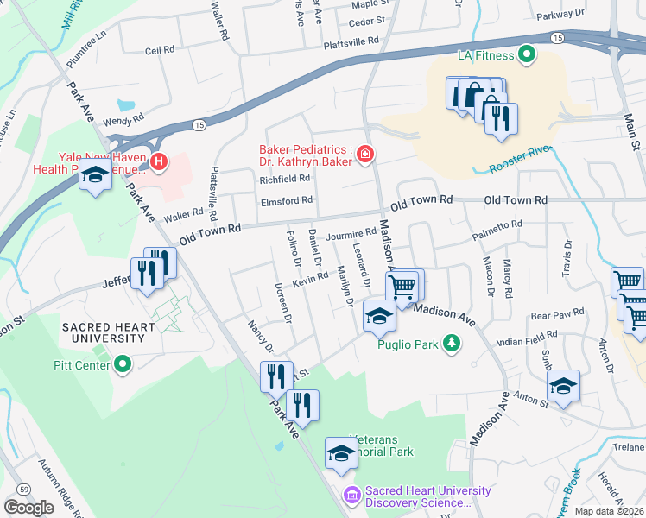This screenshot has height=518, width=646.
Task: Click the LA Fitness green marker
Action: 526,57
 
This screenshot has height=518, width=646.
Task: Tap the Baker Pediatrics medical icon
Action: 366,155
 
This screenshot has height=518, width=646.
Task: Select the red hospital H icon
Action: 158,161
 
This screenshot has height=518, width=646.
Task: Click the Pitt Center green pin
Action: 123,365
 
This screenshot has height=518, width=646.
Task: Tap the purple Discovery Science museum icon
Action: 351,495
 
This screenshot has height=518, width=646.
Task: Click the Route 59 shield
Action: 24,490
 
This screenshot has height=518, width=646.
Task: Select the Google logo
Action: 28,507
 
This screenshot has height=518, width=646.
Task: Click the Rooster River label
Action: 518,159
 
